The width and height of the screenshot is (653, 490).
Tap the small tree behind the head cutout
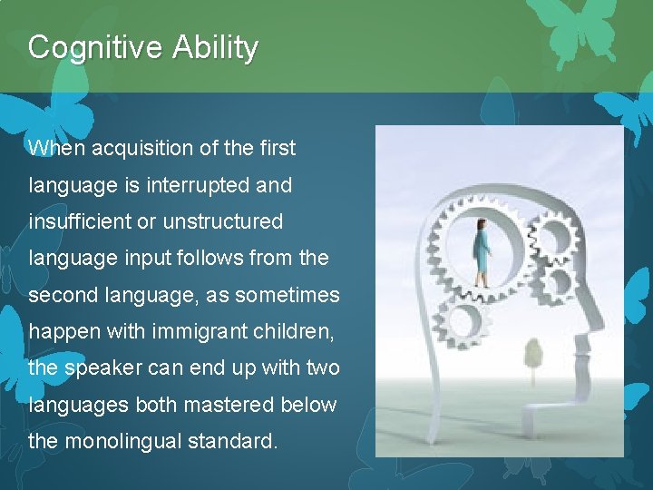click(x=533, y=352)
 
